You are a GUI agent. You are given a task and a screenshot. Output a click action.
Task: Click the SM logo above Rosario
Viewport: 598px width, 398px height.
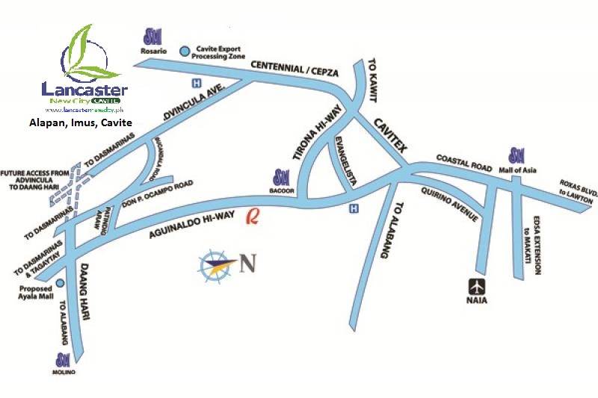click(154, 37)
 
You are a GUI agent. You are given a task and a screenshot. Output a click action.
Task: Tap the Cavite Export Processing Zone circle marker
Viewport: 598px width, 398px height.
click(185, 51)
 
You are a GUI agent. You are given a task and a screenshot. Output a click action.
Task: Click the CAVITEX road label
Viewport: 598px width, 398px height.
click(389, 135)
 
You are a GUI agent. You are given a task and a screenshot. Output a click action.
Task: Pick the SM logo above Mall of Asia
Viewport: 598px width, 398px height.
click(516, 156)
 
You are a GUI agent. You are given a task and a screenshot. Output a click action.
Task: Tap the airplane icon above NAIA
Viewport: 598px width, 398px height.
click(476, 285)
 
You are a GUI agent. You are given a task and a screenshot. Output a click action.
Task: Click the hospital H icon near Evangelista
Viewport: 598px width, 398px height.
click(354, 209)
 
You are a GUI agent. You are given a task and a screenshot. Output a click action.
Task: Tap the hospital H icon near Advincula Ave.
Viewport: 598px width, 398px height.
click(197, 84)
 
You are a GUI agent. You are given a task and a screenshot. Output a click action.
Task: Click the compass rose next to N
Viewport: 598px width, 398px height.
click(216, 264)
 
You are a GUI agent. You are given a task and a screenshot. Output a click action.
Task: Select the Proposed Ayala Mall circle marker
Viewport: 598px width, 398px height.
click(59, 283)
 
